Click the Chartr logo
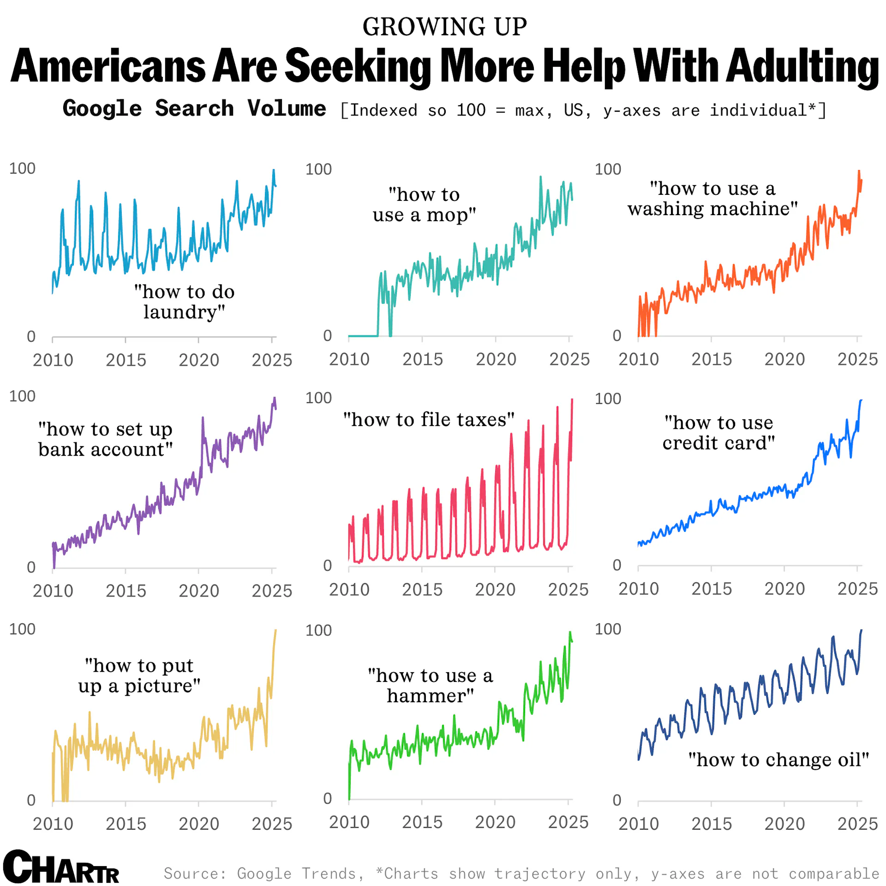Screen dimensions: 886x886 tap(61, 867)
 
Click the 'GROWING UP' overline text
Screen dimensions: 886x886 tap(444, 27)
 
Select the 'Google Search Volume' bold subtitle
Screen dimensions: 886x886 tap(194, 109)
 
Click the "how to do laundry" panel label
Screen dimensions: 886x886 tap(184, 301)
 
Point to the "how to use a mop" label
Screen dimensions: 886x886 tap(424, 205)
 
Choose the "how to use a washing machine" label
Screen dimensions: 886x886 tap(712, 199)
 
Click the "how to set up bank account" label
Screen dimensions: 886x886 tap(105, 439)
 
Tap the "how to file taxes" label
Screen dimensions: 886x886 tap(429, 420)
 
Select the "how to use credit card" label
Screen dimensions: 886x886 tap(718, 433)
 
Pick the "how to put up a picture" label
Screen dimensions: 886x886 tap(139, 675)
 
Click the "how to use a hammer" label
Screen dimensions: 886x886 tap(430, 686)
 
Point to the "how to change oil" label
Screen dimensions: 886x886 tap(778, 759)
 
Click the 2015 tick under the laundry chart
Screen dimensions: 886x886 tap(126, 360)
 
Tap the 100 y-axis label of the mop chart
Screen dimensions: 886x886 tap(318, 169)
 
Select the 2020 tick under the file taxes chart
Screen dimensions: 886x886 tap(495, 590)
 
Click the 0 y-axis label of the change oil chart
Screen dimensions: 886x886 tap(617, 800)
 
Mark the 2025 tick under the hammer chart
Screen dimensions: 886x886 tap(568, 822)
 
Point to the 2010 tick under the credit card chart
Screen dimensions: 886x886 tap(639, 589)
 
